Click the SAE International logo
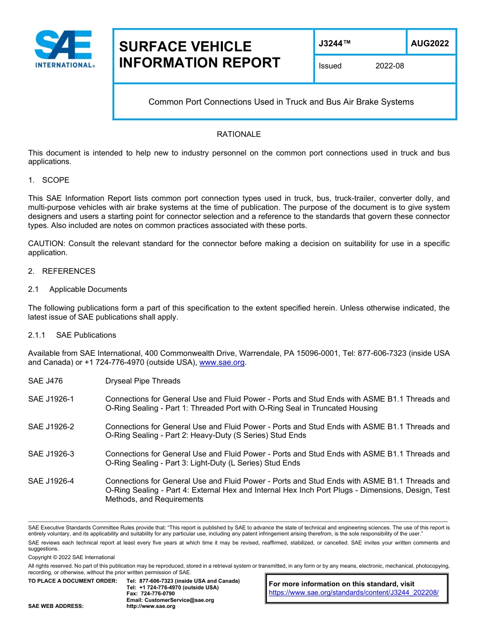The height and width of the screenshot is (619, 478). [63, 49]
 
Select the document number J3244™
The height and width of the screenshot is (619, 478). [334, 43]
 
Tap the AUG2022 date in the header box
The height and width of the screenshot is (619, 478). [430, 43]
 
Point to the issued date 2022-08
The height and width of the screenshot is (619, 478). [389, 66]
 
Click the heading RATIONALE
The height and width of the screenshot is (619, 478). [238, 134]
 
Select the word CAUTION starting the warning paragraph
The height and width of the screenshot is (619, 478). [46, 244]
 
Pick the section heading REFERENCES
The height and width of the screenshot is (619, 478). [68, 271]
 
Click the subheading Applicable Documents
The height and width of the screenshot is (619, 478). [88, 289]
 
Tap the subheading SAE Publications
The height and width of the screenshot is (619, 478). [86, 335]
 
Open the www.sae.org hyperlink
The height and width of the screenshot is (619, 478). [222, 362]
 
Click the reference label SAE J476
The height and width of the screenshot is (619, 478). [45, 381]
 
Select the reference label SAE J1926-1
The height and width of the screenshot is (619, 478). [51, 399]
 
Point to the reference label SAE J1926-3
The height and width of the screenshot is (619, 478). [51, 454]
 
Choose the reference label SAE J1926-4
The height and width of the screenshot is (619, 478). [51, 481]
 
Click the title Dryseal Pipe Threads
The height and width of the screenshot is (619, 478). [143, 381]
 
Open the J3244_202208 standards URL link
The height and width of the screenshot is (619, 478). [354, 593]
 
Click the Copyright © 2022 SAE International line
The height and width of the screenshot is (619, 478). [71, 557]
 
